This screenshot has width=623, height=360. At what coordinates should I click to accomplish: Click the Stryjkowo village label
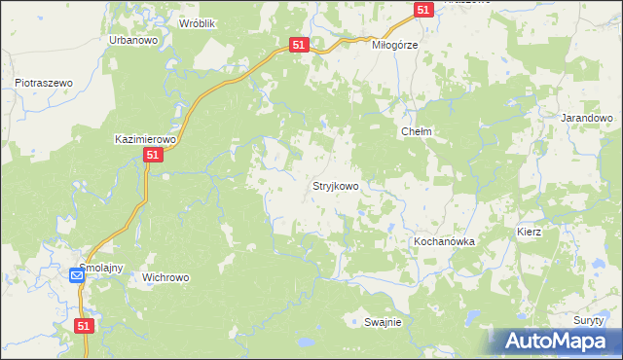[x=335, y=185]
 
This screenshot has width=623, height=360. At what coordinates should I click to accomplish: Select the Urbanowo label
[x=133, y=40]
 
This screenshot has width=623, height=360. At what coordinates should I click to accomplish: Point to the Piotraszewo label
[x=45, y=84]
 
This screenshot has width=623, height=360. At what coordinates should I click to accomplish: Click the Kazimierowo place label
[x=145, y=139]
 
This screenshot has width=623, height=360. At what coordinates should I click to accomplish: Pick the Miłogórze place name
[x=395, y=45]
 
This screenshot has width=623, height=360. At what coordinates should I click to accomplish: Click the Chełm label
[x=416, y=131]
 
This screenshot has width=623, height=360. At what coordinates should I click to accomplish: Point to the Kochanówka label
[x=444, y=241]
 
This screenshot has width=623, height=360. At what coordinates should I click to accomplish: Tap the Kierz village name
[x=530, y=233]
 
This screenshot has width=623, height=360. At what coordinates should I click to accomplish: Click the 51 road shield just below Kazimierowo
[x=152, y=156]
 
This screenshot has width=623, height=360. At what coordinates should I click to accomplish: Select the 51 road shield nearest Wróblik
[x=300, y=45]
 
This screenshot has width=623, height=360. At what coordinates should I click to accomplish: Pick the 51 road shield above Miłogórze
[x=422, y=9]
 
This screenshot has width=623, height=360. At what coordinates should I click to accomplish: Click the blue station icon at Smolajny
[x=77, y=276]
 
